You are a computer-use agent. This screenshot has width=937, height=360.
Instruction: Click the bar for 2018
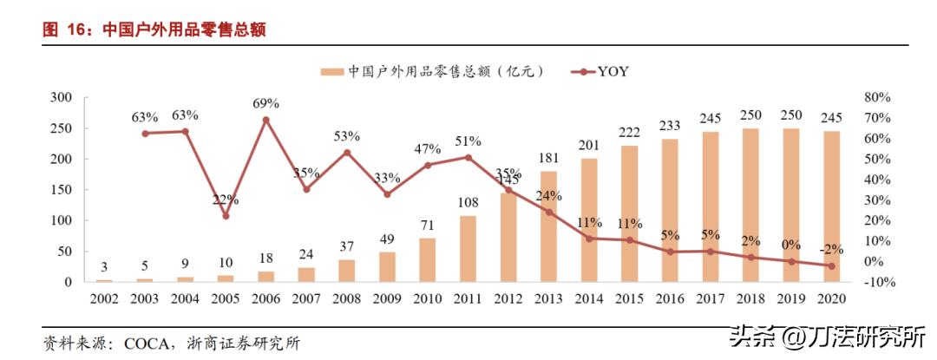click(x=751, y=206)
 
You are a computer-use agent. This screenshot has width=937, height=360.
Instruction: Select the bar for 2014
click(x=590, y=220)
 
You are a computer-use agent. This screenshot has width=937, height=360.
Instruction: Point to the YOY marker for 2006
click(x=265, y=121)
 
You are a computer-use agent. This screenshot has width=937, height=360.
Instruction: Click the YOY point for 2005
click(x=226, y=216)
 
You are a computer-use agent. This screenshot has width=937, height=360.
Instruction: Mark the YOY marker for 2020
click(x=831, y=266)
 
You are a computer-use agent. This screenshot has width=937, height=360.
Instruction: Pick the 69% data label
click(x=265, y=104)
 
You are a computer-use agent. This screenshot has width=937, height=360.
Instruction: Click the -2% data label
click(x=830, y=250)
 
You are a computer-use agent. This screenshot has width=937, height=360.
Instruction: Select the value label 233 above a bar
click(x=670, y=125)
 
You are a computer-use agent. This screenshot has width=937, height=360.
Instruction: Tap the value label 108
click(x=468, y=202)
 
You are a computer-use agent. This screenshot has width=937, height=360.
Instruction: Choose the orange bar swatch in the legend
click(x=332, y=72)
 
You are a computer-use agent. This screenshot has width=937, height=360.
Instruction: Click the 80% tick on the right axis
click(x=878, y=97)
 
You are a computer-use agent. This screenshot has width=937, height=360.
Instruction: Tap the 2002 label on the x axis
click(x=104, y=299)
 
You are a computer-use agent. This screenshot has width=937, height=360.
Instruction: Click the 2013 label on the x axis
click(x=548, y=299)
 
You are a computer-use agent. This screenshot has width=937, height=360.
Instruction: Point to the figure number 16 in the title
click(x=78, y=30)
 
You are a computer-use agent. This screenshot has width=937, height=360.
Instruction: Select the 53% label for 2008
click(x=346, y=136)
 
